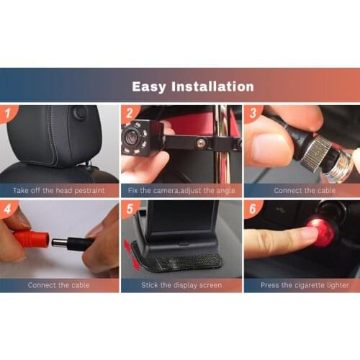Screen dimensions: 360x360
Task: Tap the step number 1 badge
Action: tap(7, 113)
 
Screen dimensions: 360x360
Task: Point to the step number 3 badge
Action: tap(252, 113)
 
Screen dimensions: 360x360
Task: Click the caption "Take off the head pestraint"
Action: tap(59, 191)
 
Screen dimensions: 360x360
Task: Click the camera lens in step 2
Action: tap(134, 135)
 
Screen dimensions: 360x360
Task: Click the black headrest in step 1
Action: tap(50, 137)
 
